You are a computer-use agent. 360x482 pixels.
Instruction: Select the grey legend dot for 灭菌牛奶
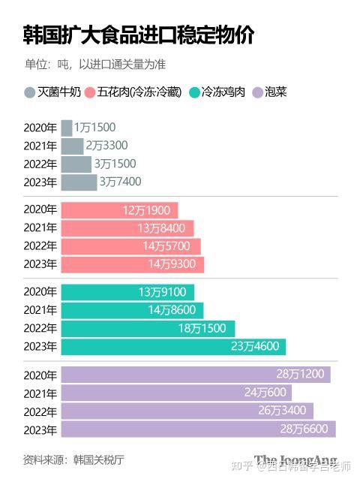point(29,93)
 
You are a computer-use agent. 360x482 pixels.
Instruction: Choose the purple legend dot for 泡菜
point(256,93)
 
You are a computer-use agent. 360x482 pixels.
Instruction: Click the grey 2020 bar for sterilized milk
point(67,128)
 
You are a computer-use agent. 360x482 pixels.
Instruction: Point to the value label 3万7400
point(120,182)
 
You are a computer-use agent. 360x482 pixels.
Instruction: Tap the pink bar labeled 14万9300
point(132,264)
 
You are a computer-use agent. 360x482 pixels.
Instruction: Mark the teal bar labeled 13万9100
point(127,292)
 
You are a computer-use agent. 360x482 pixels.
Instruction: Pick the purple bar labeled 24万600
point(175,393)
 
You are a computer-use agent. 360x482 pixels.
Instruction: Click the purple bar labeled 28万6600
point(198,429)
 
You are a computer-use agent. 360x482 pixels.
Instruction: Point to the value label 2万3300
point(106,146)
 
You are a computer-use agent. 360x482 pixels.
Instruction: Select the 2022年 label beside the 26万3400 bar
point(40,411)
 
